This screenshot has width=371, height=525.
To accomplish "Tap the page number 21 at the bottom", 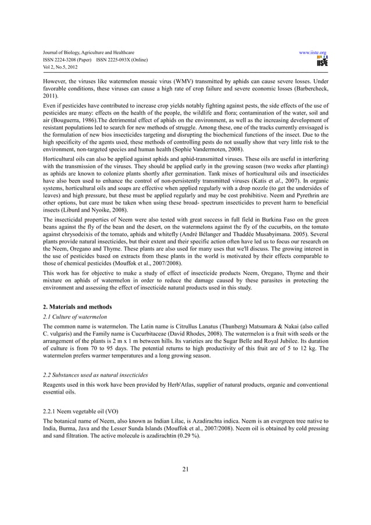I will pos(185,470).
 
